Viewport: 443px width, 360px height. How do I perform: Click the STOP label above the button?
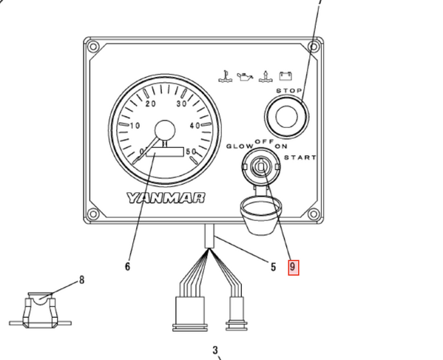289,91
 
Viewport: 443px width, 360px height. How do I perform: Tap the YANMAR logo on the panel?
166,198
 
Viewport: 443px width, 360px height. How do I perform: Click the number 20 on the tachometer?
151,104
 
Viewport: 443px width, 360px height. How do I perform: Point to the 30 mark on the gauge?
182,104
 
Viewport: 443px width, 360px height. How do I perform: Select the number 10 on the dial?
135,126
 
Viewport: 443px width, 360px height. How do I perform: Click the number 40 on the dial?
195,126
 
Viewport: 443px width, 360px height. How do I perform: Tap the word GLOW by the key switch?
240,146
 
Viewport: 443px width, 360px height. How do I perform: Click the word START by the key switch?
300,157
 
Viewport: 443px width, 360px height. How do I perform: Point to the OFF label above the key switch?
265,141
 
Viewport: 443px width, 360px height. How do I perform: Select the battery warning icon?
285,76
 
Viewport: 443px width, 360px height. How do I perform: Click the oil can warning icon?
245,77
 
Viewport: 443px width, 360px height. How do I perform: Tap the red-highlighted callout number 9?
294,268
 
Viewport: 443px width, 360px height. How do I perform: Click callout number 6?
127,266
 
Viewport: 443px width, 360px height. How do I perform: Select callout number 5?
273,267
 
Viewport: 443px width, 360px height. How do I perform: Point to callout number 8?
81,280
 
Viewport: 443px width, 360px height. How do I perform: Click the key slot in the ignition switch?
261,167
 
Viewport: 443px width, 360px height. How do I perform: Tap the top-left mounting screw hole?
93,47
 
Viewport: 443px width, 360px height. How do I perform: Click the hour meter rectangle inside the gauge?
165,152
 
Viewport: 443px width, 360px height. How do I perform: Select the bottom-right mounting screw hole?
313,214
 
